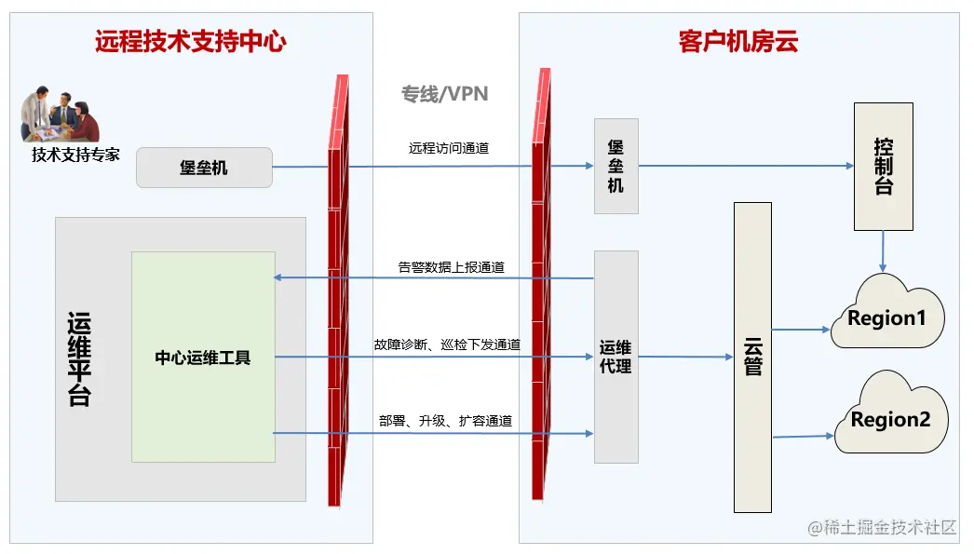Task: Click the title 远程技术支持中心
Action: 190,41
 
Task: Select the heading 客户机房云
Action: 738,42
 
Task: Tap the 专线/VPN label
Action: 444,94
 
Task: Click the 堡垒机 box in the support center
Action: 204,168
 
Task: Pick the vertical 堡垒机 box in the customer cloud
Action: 616,166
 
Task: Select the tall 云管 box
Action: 752,357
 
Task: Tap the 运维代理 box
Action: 616,357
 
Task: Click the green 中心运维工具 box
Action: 203,357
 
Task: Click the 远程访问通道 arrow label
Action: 448,147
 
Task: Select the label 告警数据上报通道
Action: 451,267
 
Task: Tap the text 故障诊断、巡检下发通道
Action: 447,345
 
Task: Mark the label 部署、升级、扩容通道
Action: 445,421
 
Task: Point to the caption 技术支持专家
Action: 75,155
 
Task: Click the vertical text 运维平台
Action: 80,358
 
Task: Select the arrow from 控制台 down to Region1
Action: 883,250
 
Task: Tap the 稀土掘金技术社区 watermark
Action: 882,528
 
